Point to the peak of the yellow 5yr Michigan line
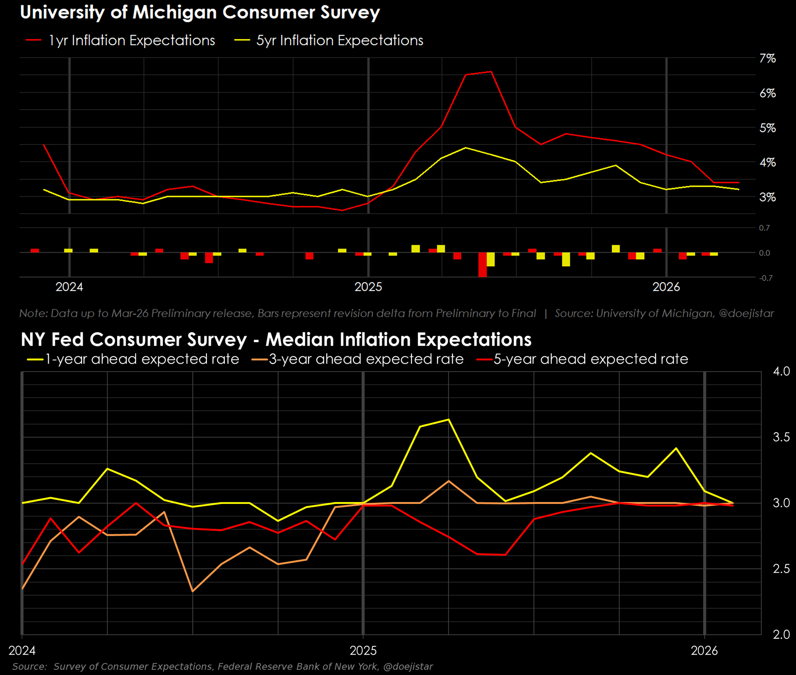(466, 148)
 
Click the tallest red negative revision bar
(482, 265)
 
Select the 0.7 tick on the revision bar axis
(764, 228)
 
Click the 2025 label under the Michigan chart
(368, 287)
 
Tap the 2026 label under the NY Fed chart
(704, 651)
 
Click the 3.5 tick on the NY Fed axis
(781, 437)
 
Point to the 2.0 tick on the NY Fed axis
(781, 634)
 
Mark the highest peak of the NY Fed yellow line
(449, 419)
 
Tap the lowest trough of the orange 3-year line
(193, 591)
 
